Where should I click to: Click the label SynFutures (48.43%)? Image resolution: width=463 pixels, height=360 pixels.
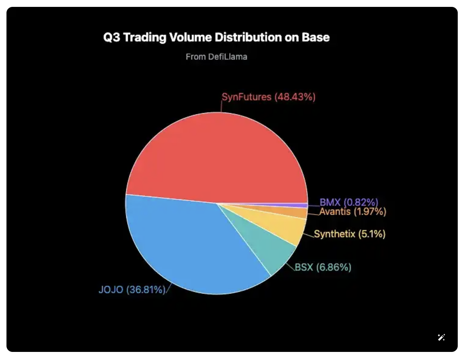268,97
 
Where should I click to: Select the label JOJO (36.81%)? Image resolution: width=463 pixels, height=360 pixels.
132,290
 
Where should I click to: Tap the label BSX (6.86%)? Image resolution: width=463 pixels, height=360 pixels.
323,267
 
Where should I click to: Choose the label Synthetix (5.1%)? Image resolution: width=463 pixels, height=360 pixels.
350,234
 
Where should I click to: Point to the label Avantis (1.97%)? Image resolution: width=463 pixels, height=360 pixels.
353,212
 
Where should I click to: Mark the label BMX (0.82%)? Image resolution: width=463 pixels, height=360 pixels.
349,202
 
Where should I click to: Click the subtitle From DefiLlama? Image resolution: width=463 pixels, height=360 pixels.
217,57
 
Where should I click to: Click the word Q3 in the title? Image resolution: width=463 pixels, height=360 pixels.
111,38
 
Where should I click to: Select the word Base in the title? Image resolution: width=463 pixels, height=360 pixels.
316,38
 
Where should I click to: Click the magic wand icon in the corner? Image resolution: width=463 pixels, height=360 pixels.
441,337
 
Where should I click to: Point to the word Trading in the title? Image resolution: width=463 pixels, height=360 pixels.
144,38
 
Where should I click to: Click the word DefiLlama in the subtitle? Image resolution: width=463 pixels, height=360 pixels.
228,57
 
